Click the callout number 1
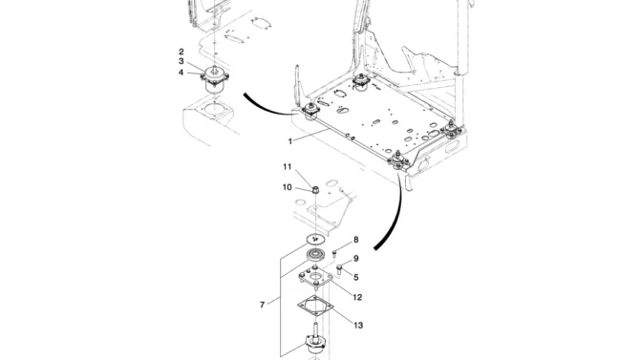point(290,141)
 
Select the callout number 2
point(181,52)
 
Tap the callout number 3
point(181,62)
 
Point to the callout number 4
point(181,73)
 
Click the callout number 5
point(356,278)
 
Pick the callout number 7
point(262,305)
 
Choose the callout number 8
point(356,240)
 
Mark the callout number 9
point(356,259)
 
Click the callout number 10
point(288,187)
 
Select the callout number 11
point(288,166)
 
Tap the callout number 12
point(357,297)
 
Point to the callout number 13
point(358,326)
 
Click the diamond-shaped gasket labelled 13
point(315,306)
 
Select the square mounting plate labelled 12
point(315,277)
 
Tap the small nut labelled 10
point(315,189)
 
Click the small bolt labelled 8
point(334,254)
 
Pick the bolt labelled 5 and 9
point(340,268)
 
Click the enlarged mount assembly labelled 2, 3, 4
point(215,79)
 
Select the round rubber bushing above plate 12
point(316,255)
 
